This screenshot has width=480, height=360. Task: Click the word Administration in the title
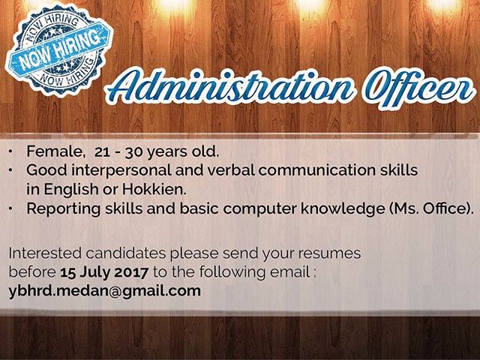point(230,87)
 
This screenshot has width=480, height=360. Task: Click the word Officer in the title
point(417,88)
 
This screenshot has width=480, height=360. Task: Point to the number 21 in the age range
point(102,152)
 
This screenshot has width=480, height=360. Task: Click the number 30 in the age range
point(133,152)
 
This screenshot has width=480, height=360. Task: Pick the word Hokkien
point(154,189)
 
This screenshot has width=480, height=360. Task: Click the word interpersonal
point(121,171)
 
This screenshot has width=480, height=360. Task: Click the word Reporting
point(64,209)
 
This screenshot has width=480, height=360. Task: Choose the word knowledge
point(343,208)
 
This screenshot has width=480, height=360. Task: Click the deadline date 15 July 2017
point(104,272)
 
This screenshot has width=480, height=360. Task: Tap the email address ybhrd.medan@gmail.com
point(105,291)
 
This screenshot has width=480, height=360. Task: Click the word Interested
point(45,253)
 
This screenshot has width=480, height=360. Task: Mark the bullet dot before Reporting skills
point(11,208)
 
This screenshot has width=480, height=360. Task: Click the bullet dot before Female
point(11,151)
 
